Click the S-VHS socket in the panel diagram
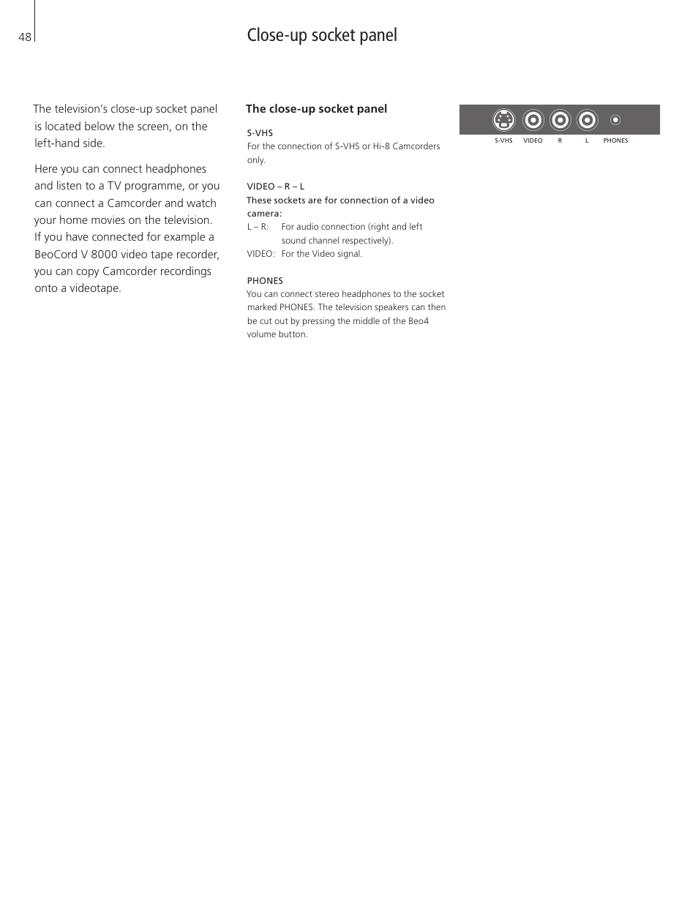point(503,120)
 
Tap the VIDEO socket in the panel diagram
point(533,120)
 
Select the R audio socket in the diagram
point(560,120)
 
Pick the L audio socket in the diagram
point(587,120)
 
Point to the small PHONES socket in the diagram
point(615,120)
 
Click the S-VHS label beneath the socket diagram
point(503,140)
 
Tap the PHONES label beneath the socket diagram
point(615,140)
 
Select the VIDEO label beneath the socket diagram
point(533,140)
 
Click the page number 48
point(25,37)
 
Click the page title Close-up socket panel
point(322,35)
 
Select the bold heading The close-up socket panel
point(316,109)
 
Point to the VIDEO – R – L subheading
point(275,187)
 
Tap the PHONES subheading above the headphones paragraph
point(265,281)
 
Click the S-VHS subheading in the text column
point(260,133)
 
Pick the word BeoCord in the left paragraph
point(56,255)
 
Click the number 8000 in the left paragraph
point(104,255)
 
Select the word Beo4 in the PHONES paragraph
point(419,321)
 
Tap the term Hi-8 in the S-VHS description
point(381,146)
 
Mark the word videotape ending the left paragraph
point(95,288)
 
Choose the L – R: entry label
point(258,227)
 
